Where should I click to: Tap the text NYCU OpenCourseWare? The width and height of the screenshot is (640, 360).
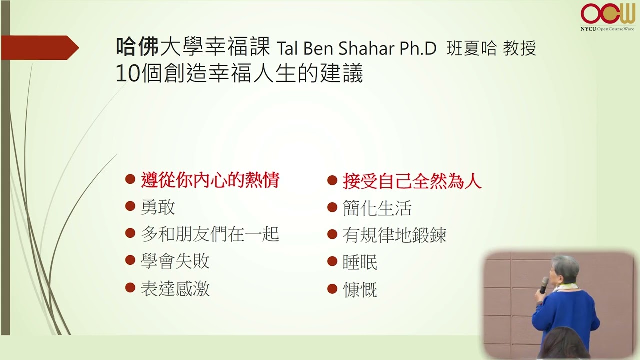click(607, 29)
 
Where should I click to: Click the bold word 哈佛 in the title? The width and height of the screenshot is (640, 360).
click(137, 47)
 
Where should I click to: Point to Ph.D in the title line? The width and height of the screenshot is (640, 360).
click(418, 48)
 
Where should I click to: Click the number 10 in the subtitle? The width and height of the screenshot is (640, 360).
click(127, 73)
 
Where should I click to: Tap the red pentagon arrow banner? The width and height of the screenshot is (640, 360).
click(40, 47)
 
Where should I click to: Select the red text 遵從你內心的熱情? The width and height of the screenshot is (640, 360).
click(210, 180)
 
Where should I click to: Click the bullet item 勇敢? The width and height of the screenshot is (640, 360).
click(158, 207)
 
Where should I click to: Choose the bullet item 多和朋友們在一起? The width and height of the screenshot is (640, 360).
click(210, 234)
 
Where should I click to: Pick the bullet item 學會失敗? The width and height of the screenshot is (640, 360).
click(175, 261)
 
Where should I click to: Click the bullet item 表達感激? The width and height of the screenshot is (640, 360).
click(175, 288)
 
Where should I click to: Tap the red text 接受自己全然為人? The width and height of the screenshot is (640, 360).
click(412, 181)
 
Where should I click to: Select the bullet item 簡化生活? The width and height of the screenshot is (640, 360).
click(377, 208)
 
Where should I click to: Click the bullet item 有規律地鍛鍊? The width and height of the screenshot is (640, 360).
click(394, 235)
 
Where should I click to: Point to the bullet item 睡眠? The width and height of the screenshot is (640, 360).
click(360, 262)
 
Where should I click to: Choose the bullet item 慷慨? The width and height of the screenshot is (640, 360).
click(360, 289)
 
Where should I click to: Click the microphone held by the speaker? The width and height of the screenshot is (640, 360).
click(544, 285)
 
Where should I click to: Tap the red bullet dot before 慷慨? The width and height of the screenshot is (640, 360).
click(332, 289)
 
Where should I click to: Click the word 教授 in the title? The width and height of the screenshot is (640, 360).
click(519, 48)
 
